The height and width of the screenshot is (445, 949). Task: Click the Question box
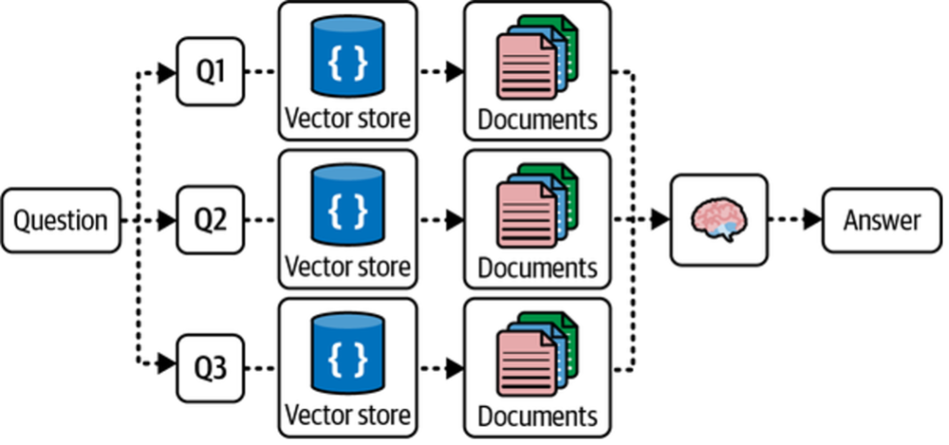pos(61,221)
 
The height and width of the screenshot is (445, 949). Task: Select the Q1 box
pos(210,71)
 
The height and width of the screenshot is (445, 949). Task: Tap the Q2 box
pos(210,221)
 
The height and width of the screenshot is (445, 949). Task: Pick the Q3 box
pos(210,368)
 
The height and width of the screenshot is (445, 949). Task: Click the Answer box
pos(881,221)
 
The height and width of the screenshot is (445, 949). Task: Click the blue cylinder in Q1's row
pos(348,58)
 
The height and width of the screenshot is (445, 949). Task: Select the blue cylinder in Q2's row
pos(348,207)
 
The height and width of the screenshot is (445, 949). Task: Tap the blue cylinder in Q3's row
pos(348,354)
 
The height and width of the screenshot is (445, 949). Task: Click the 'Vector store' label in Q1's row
pos(348,119)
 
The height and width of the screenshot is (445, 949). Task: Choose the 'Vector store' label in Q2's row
pos(348,267)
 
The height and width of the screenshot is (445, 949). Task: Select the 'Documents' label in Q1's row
pos(538,120)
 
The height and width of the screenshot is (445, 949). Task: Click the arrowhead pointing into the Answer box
pos(812,221)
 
